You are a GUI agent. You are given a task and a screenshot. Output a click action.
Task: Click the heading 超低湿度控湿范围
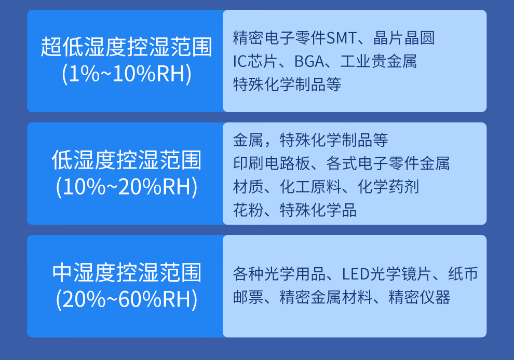click(x=127, y=47)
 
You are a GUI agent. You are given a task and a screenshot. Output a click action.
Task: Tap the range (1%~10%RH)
click(x=127, y=74)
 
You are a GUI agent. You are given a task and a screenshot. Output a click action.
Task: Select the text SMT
click(x=341, y=38)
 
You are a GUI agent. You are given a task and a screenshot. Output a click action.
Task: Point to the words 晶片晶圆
click(x=404, y=38)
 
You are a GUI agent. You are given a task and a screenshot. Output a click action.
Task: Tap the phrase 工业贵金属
click(x=378, y=61)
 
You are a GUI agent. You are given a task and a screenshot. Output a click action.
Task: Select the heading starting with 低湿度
click(x=127, y=160)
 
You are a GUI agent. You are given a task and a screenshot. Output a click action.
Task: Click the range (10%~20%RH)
click(x=127, y=187)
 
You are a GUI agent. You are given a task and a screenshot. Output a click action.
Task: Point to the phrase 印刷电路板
click(x=272, y=163)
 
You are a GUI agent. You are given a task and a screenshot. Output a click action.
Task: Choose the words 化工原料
click(x=310, y=187)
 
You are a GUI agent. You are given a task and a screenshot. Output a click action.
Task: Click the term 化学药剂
click(x=388, y=187)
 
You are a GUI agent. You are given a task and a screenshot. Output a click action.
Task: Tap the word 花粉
click(x=248, y=210)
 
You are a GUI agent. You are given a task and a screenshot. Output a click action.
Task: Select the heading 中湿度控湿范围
click(x=127, y=272)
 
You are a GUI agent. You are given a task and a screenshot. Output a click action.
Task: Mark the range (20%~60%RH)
click(x=127, y=299)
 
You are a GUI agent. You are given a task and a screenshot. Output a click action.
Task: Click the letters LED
click(x=356, y=274)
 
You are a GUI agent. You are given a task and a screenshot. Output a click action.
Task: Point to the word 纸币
click(x=463, y=274)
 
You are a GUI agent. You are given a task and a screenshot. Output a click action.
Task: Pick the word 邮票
click(x=248, y=297)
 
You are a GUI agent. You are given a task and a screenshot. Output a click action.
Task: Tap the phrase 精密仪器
click(x=420, y=297)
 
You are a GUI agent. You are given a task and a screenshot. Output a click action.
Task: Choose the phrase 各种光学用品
click(x=279, y=274)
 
